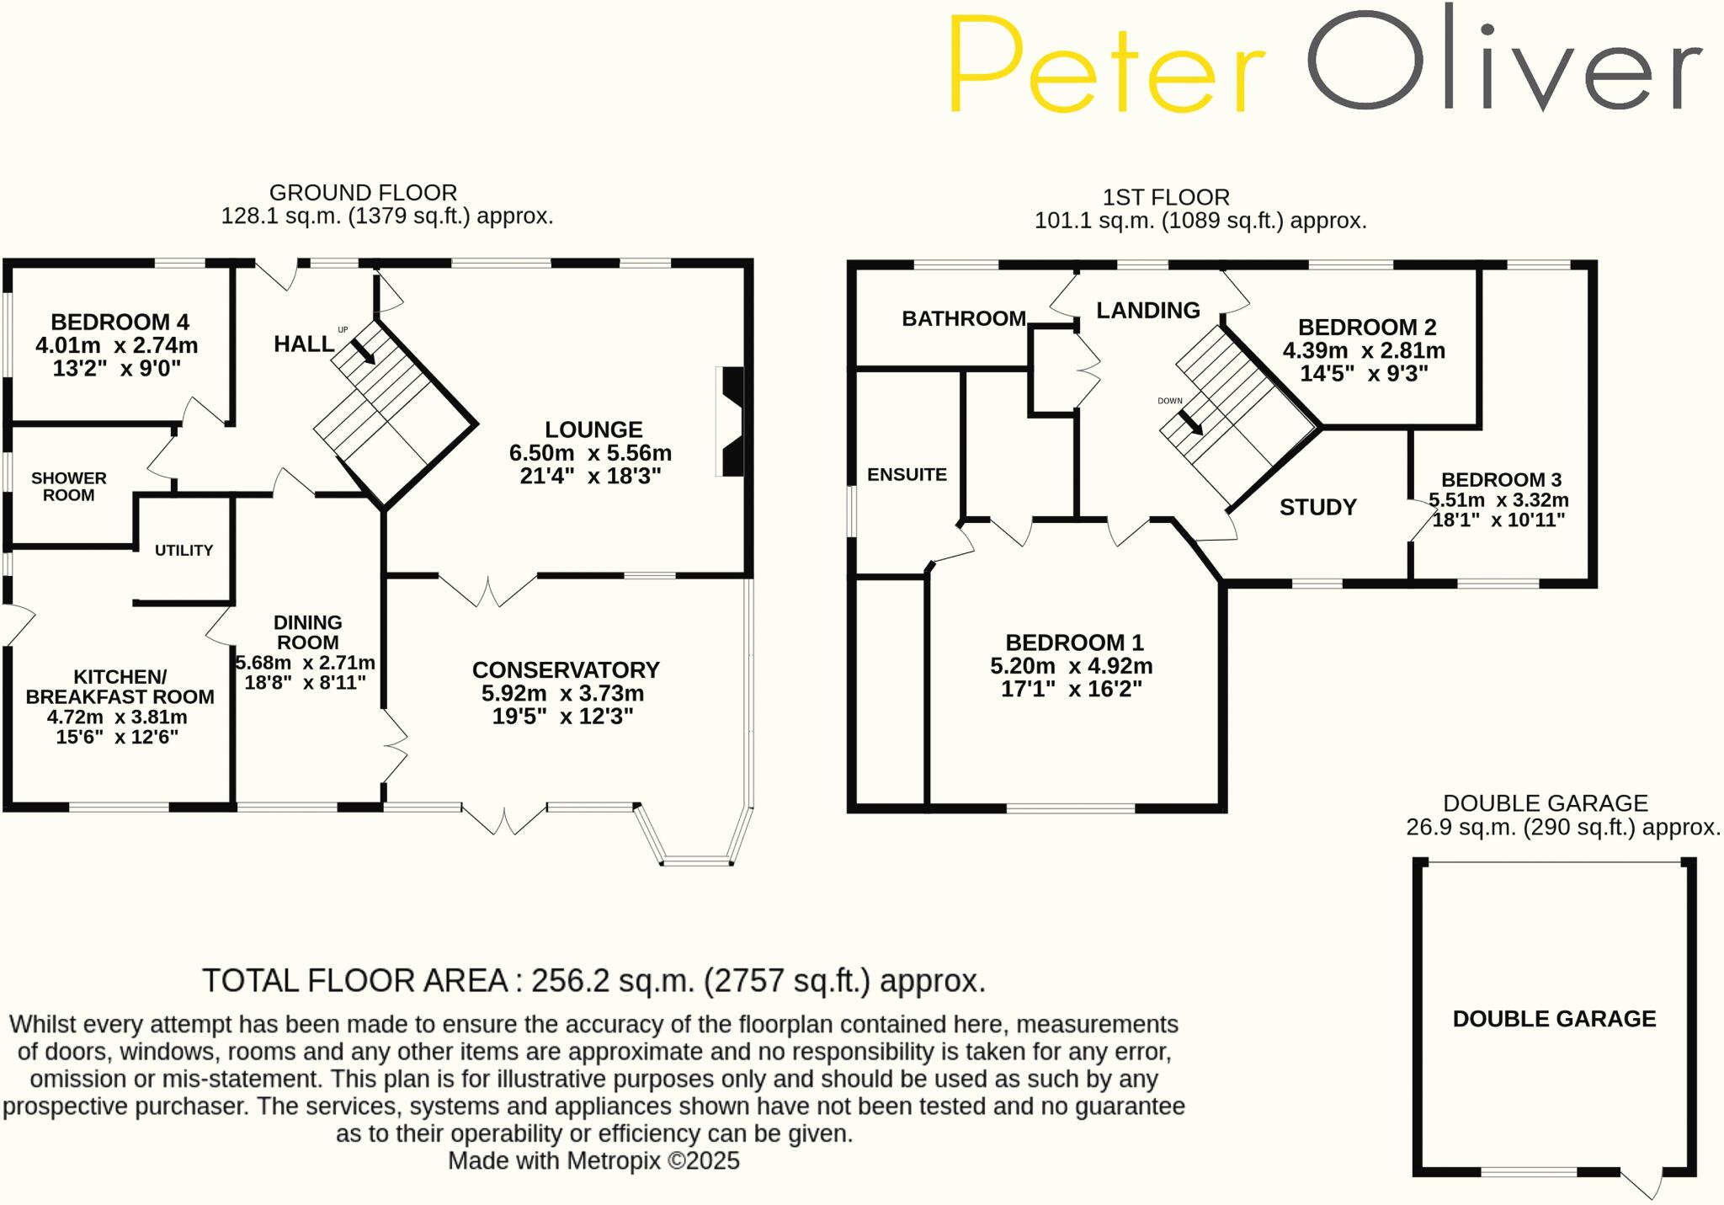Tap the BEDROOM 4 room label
pyautogui.click(x=120, y=322)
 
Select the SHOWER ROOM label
pyautogui.click(x=69, y=487)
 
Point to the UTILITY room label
pyautogui.click(x=184, y=551)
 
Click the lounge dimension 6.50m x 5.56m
pyautogui.click(x=590, y=453)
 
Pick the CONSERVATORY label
pyautogui.click(x=566, y=670)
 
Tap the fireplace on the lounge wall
pyautogui.click(x=731, y=421)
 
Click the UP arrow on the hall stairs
pyautogui.click(x=363, y=351)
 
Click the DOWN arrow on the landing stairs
pyautogui.click(x=1190, y=422)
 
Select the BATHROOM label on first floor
pyautogui.click(x=964, y=318)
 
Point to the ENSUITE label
pyautogui.click(x=907, y=475)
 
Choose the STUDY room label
pyautogui.click(x=1318, y=507)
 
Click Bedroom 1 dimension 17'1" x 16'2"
pyautogui.click(x=1071, y=689)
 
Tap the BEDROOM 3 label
pyautogui.click(x=1501, y=480)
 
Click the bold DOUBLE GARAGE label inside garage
pyautogui.click(x=1554, y=1019)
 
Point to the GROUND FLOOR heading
pyautogui.click(x=363, y=193)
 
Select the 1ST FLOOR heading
pyautogui.click(x=1166, y=198)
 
